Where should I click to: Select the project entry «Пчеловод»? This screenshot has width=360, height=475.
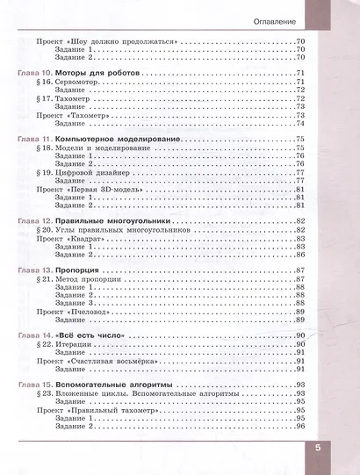pos(87,312)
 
